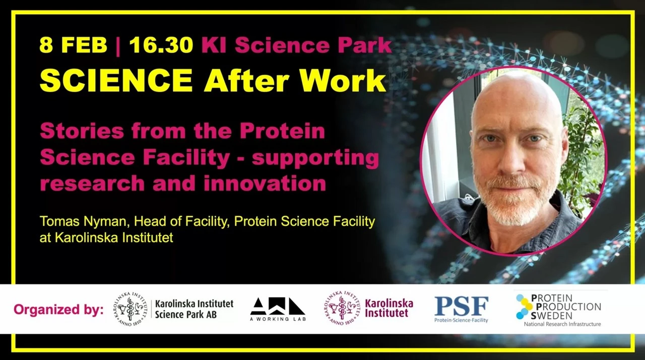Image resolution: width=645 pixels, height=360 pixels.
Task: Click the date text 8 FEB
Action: click(x=73, y=45)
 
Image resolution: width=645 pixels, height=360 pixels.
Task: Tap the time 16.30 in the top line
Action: click(x=161, y=45)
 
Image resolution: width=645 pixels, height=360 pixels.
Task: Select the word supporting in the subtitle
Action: click(x=315, y=158)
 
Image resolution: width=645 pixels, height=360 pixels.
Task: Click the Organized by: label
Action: click(x=58, y=309)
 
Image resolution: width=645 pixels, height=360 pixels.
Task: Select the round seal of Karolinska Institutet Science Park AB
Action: click(x=131, y=309)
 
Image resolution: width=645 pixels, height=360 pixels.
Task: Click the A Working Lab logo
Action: click(x=278, y=309)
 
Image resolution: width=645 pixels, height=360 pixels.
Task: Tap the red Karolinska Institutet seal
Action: click(x=341, y=308)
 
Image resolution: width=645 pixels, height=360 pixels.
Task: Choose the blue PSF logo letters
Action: click(x=461, y=306)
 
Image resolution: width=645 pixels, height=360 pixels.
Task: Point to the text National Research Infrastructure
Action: click(x=562, y=324)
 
